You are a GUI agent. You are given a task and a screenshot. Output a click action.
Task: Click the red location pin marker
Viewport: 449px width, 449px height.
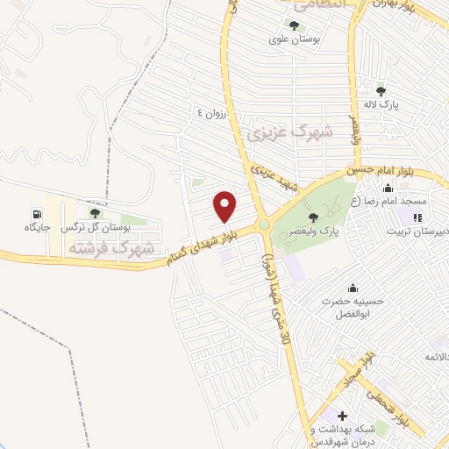pyautogui.click(x=224, y=207)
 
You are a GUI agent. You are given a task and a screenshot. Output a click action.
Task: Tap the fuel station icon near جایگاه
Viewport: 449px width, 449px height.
pyautogui.click(x=37, y=213)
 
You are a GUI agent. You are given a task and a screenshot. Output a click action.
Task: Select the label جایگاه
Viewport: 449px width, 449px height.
pyautogui.click(x=37, y=227)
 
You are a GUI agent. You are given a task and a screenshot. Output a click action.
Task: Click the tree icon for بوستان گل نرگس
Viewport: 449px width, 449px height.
pyautogui.click(x=95, y=213)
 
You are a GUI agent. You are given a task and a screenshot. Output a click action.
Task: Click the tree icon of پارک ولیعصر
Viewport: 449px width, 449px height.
pyautogui.click(x=313, y=217)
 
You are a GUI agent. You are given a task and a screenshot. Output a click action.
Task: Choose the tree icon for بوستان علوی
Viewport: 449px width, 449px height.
pyautogui.click(x=292, y=25)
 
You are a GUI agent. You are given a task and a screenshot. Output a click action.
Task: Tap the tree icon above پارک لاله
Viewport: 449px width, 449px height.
pyautogui.click(x=381, y=90)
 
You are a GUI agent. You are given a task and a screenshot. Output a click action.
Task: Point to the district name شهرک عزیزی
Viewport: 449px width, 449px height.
pyautogui.click(x=290, y=132)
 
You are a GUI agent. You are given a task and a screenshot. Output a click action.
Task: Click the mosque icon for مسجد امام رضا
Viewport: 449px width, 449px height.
pyautogui.click(x=388, y=187)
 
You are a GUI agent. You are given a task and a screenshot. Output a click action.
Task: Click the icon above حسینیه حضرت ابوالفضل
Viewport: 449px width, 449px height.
pyautogui.click(x=353, y=289)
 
